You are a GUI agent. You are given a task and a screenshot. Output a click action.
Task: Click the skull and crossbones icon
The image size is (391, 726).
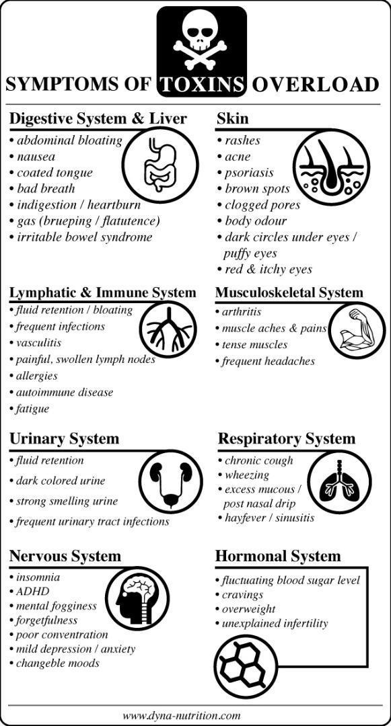click(x=201, y=42)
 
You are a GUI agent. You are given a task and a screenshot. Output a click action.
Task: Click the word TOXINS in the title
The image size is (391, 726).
click(x=201, y=85)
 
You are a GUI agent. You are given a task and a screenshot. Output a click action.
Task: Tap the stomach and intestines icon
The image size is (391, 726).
click(x=160, y=164)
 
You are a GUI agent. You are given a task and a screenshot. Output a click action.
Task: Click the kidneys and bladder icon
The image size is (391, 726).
click(x=171, y=481)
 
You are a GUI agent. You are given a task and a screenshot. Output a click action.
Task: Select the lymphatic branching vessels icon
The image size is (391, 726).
click(x=168, y=329)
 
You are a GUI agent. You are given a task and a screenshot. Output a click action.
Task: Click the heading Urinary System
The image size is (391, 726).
click(x=64, y=438)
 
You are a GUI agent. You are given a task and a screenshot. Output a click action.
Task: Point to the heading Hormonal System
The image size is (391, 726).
click(x=278, y=556)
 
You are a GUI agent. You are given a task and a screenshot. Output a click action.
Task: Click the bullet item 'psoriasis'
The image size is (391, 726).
click(x=245, y=173)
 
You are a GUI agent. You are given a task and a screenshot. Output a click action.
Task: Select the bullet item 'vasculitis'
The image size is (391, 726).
click(x=35, y=343)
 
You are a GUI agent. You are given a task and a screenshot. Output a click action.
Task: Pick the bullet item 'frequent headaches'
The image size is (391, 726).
click(x=265, y=361)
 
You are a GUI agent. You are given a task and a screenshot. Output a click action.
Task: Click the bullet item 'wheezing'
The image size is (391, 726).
click(x=243, y=475)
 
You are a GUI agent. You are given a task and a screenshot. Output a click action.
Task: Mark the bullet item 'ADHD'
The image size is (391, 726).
click(x=29, y=592)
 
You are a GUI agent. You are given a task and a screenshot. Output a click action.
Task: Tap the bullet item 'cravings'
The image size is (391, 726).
click(x=239, y=594)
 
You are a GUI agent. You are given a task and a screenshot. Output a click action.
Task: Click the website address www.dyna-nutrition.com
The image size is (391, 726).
click(x=182, y=715)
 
